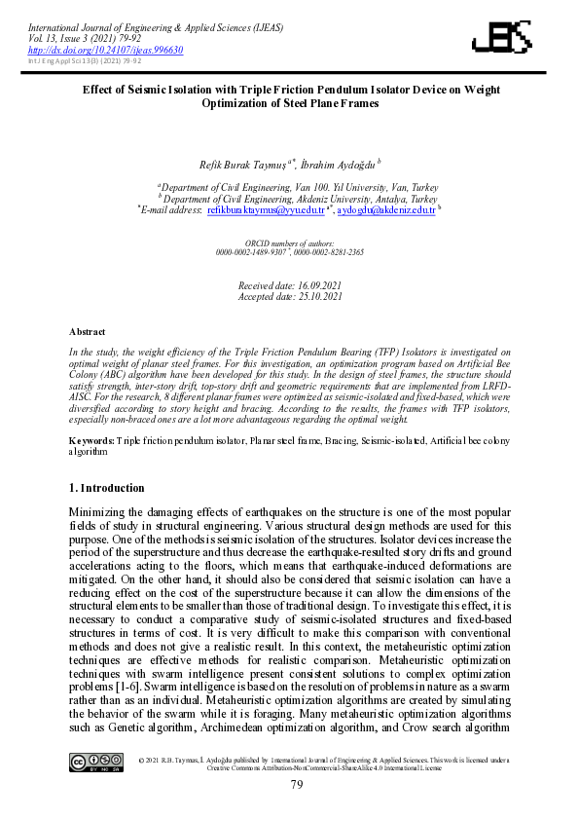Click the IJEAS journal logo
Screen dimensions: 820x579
(502, 38)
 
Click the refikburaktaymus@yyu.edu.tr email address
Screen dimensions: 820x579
(266, 208)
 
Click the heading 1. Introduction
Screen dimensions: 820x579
(107, 487)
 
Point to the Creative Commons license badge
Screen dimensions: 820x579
(95, 762)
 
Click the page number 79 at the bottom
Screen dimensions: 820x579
(298, 784)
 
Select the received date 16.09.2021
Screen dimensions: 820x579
(314, 287)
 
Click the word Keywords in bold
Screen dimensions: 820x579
(91, 441)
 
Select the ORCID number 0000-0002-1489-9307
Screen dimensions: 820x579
(251, 251)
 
